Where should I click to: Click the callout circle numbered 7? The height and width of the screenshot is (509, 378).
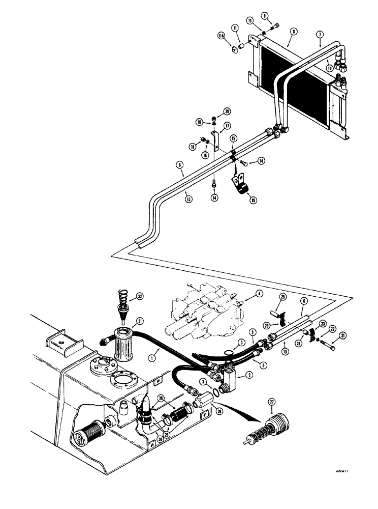click(x=320, y=34)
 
